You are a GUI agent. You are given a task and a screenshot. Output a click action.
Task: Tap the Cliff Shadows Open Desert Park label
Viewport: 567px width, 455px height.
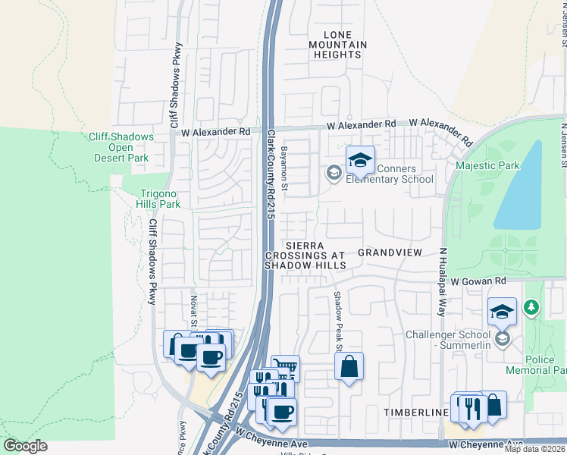click(x=121, y=148)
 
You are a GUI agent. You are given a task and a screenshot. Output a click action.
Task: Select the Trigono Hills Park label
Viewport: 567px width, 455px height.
click(x=158, y=199)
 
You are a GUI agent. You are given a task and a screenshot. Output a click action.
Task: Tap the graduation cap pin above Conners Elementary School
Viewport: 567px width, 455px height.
click(x=360, y=160)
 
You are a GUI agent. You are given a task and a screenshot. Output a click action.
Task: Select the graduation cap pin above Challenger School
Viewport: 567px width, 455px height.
click(x=502, y=312)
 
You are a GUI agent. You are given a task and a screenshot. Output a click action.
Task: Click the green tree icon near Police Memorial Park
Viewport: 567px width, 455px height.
click(x=533, y=306)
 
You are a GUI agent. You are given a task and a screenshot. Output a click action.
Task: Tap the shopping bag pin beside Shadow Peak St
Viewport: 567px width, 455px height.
click(x=349, y=367)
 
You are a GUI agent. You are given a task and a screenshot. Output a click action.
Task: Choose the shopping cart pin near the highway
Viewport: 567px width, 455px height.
click(x=285, y=369)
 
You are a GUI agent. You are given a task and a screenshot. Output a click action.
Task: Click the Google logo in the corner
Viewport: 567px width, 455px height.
click(x=26, y=446)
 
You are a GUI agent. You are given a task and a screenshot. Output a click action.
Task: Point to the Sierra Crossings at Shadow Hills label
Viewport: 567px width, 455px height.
click(x=305, y=256)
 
